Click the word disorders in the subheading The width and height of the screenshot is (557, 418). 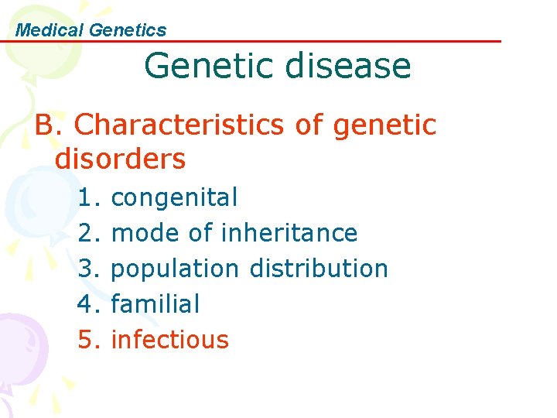[x=121, y=159]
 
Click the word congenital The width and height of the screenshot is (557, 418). [x=175, y=198]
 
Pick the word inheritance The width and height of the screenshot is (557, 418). [x=289, y=233]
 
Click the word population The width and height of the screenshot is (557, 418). [x=176, y=269]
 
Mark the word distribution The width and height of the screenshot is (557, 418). [x=319, y=269]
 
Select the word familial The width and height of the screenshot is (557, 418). [x=155, y=304]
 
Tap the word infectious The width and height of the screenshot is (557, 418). [x=170, y=340]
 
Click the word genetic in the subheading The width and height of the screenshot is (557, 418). [x=388, y=124]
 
